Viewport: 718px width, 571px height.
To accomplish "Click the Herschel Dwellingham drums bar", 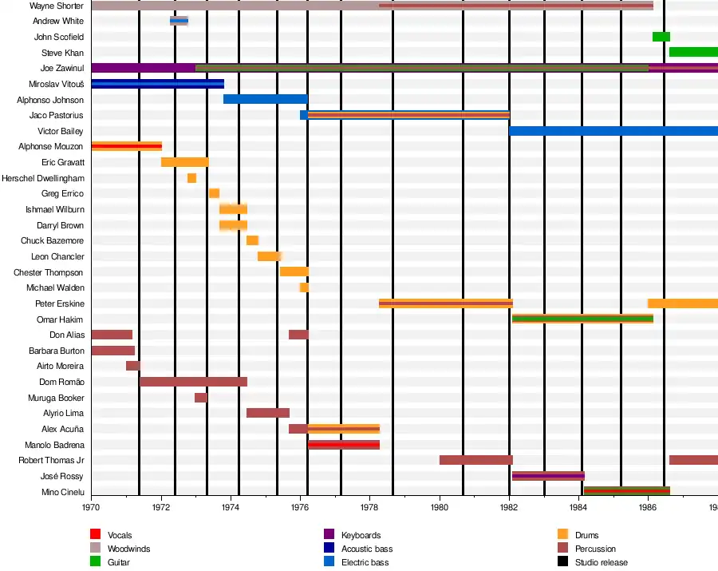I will (x=191, y=178).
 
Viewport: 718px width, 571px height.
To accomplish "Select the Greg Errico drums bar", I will (x=214, y=193).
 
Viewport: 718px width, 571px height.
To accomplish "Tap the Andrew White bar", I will (x=179, y=21).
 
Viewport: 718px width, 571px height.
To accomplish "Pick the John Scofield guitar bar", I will (x=661, y=37).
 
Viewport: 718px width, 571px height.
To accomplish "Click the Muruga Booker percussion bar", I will (x=200, y=398).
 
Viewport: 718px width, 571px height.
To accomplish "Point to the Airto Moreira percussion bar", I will (x=132, y=366).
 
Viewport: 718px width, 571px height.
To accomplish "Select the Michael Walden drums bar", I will (x=304, y=287).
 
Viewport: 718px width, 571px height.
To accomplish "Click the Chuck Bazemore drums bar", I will (x=252, y=240).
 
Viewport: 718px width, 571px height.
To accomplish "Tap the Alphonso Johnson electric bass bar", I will (x=265, y=99).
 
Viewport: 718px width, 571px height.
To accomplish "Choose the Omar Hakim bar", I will (x=582, y=319).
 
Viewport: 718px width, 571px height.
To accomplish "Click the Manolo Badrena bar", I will (x=344, y=445).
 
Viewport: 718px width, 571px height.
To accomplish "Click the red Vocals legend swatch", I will (x=95, y=535).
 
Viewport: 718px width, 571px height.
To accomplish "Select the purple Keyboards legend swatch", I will (x=329, y=535).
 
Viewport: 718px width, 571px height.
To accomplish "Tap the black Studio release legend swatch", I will (x=562, y=562).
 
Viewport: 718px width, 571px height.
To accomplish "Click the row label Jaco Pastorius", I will (x=56, y=116).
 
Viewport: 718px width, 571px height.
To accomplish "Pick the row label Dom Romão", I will (x=62, y=382).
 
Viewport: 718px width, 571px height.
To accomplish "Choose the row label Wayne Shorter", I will (x=57, y=6).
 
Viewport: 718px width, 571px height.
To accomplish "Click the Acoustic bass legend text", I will (x=367, y=549).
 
